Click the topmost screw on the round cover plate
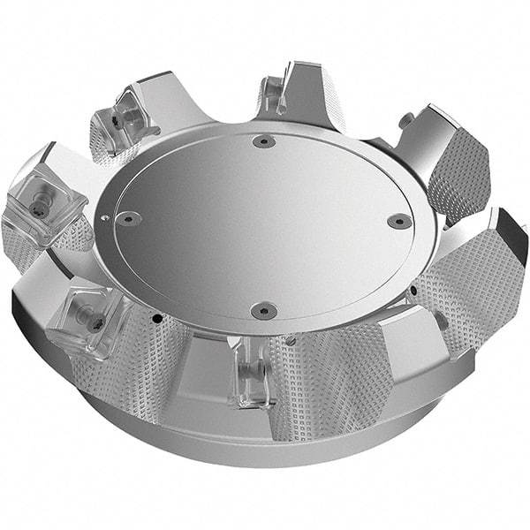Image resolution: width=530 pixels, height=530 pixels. [260, 141]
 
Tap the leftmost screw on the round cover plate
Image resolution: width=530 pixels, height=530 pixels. [129, 216]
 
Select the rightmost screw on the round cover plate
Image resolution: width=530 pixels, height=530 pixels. [399, 221]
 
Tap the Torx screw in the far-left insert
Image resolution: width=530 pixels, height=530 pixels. [38, 209]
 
